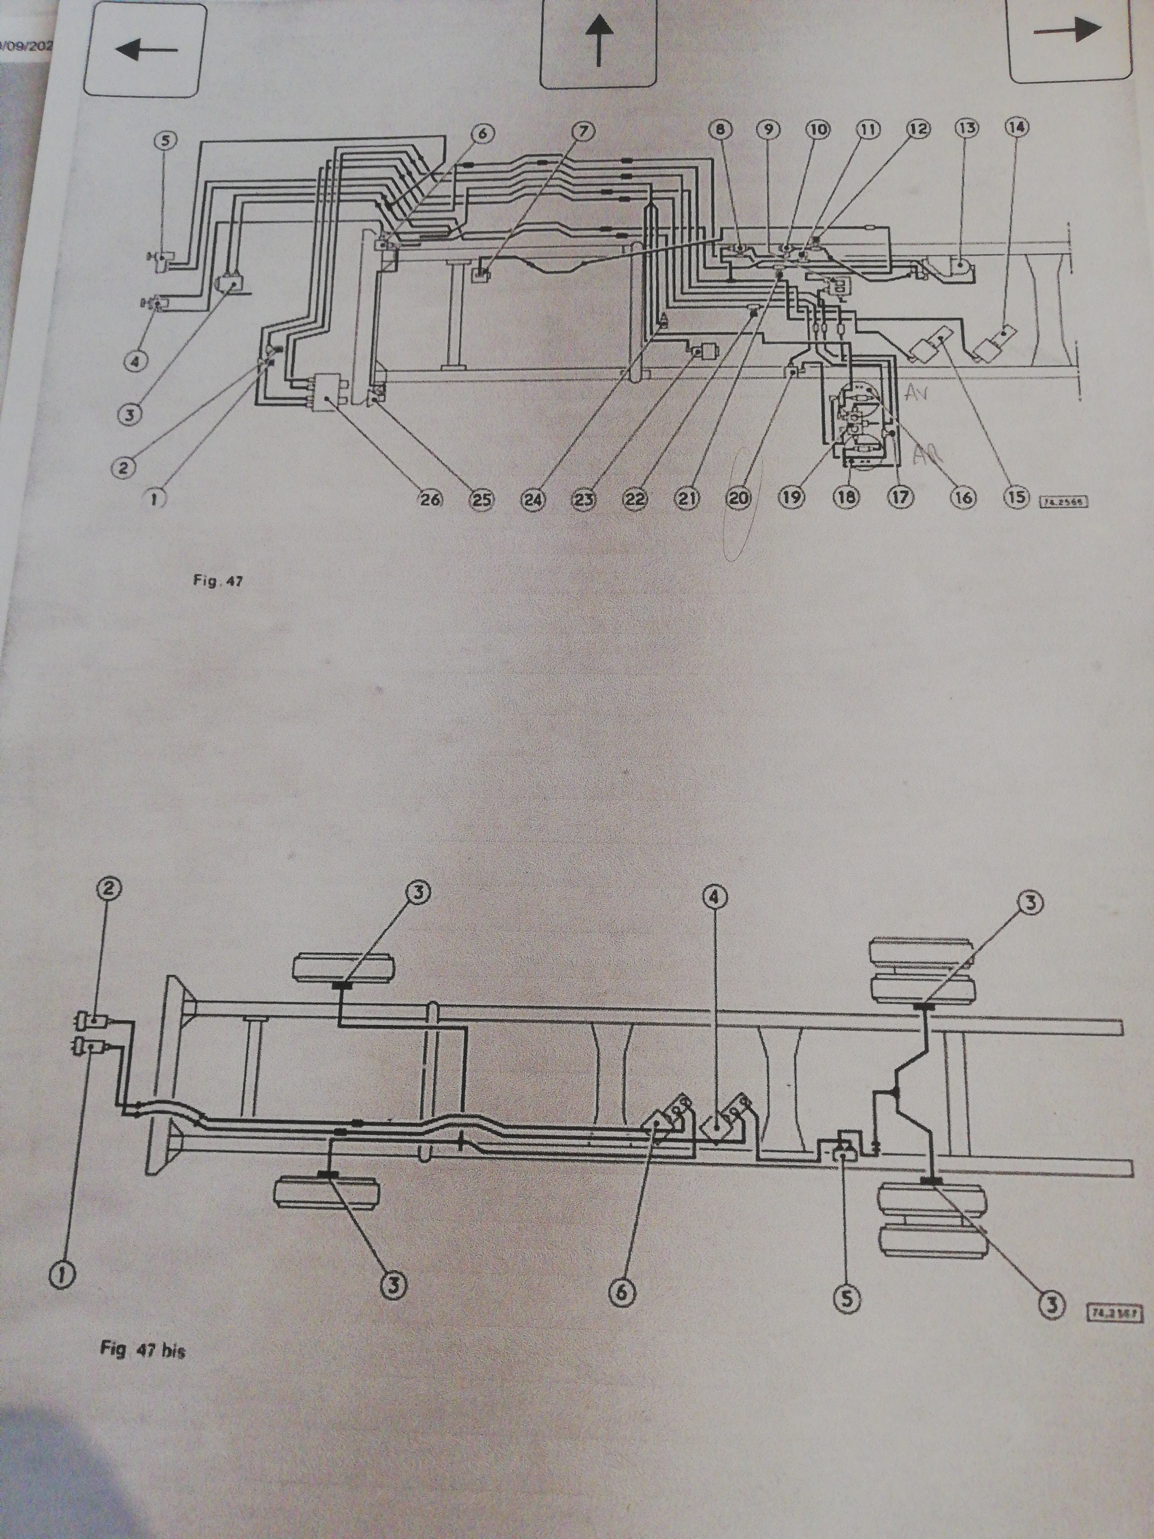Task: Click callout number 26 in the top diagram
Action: [430, 499]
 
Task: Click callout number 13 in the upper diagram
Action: [967, 127]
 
